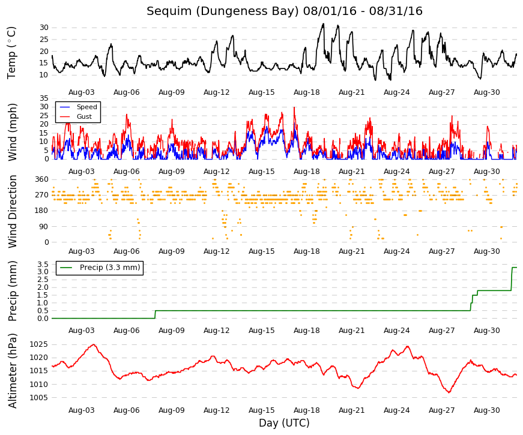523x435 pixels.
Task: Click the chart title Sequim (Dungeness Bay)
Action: pos(223,11)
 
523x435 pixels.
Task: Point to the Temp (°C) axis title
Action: pos(11,53)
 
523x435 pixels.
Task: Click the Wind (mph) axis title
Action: pos(12,133)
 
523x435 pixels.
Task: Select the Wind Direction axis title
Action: pos(12,212)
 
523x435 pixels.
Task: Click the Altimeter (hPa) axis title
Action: pos(12,371)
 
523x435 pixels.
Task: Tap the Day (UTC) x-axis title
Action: pos(284,423)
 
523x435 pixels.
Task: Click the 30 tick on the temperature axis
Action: pos(44,28)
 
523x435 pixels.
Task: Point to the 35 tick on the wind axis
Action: pos(44,98)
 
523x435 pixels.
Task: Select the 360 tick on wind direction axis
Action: pos(42,179)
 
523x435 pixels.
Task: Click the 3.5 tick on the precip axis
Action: pos(43,265)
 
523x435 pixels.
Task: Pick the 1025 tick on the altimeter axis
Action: pos(39,344)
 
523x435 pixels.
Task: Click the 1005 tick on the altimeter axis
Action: pos(39,398)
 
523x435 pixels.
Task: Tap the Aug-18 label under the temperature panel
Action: pos(306,92)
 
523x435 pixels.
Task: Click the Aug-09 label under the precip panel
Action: pos(172,331)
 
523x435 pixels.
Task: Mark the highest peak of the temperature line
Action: pos(323,24)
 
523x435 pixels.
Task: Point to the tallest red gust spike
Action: pos(294,107)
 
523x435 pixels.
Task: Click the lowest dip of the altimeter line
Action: pos(449,392)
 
